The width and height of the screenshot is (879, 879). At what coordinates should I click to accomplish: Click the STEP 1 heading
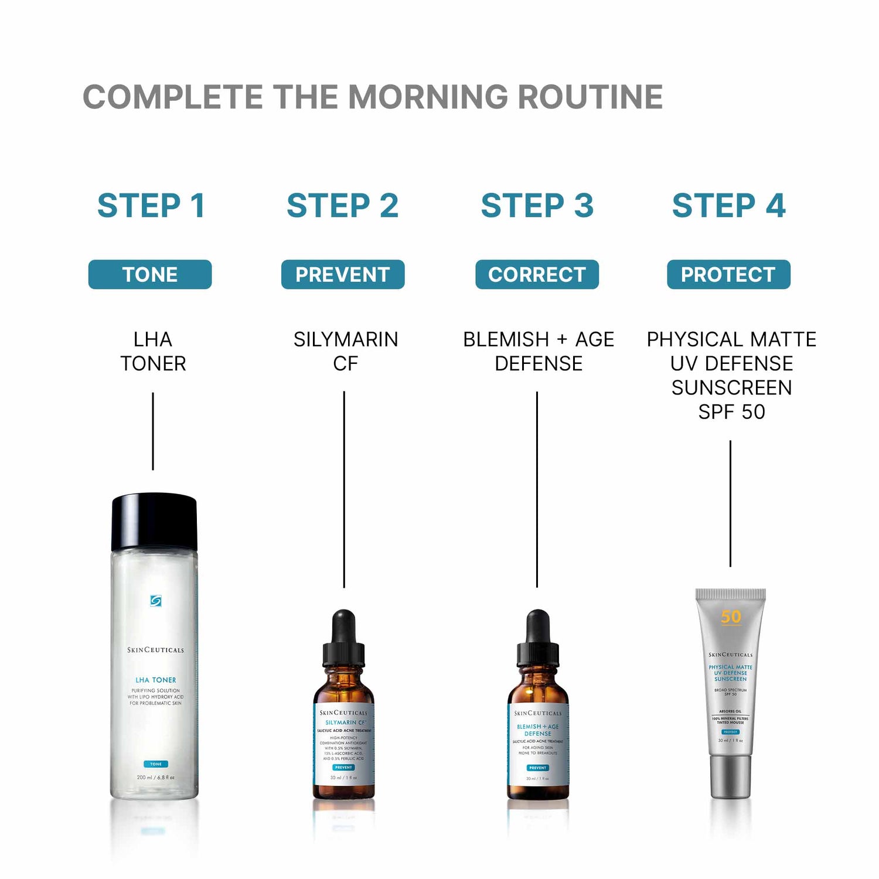click(x=151, y=206)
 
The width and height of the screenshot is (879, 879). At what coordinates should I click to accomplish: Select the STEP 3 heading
click(x=537, y=206)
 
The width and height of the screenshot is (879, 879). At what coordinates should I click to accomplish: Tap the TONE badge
click(x=150, y=274)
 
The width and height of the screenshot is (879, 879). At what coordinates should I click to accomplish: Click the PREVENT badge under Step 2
click(x=343, y=274)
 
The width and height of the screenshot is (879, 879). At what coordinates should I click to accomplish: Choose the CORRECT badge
click(x=537, y=274)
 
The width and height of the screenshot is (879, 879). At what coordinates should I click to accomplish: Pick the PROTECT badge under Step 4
click(x=728, y=274)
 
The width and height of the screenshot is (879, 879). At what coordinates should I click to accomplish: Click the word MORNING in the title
click(x=431, y=97)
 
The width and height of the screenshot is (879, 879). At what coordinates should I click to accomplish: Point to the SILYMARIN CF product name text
click(x=345, y=351)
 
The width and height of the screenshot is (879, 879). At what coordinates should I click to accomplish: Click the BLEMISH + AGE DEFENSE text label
click(x=538, y=351)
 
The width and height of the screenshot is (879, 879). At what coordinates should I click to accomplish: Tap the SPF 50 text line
click(x=731, y=412)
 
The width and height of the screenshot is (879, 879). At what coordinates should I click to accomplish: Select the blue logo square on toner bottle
click(x=155, y=601)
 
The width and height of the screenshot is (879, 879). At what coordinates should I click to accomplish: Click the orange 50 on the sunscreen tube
click(x=731, y=617)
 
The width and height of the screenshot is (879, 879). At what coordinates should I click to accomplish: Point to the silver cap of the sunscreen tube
click(x=731, y=776)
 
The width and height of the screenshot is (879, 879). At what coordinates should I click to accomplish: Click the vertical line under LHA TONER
click(x=153, y=431)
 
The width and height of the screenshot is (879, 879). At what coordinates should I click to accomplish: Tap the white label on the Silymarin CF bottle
click(x=343, y=744)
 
